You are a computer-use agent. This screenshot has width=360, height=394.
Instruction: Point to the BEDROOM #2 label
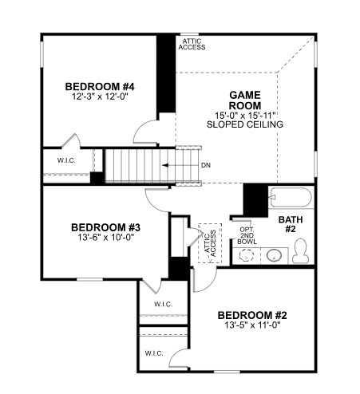click(x=252, y=316)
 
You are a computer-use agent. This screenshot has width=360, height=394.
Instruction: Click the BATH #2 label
click(x=289, y=224)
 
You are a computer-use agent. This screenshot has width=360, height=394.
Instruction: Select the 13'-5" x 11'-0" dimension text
click(x=252, y=326)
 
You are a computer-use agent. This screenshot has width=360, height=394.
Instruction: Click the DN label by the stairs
click(x=206, y=165)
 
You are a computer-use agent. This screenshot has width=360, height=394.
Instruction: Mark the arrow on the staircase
click(x=176, y=165)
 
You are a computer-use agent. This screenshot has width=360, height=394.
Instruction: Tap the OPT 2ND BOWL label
click(x=247, y=236)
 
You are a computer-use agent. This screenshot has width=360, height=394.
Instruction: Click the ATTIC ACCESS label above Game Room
click(x=193, y=44)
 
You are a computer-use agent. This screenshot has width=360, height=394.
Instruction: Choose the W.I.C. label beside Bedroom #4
click(x=66, y=160)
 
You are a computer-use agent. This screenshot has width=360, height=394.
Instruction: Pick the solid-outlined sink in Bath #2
click(x=273, y=255)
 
